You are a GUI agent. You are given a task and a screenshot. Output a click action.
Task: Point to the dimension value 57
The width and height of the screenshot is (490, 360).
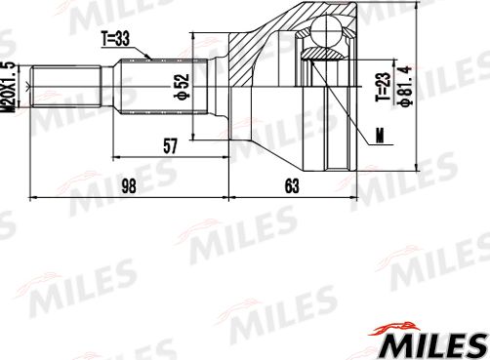pyautogui.click(x=170, y=145)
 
